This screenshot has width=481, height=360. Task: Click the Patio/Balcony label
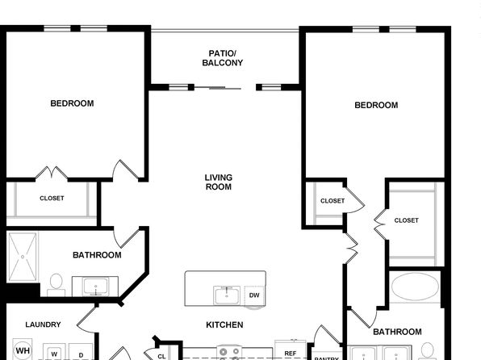coord(223,58)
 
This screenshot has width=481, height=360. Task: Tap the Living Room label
coord(219,182)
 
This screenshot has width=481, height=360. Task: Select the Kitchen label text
coord(224,324)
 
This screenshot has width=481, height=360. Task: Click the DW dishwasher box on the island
coord(254,295)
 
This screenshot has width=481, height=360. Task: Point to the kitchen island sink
coord(227,295)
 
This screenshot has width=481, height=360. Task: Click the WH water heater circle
coord(23,350)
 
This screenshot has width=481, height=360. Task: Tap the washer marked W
coord(54,352)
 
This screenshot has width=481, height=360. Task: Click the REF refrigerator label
coord(291,354)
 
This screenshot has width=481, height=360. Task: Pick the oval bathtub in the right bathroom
coord(415,287)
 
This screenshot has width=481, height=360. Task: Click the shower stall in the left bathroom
coord(23,257)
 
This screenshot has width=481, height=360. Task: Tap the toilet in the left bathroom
coord(56,285)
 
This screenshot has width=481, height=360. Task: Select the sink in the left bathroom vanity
coord(96,287)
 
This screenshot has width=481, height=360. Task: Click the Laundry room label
coord(43,324)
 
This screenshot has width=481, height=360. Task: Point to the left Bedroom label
coord(72,103)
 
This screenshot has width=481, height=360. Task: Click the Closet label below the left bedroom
coord(52,199)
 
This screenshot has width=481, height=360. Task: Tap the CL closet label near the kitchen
coord(161,356)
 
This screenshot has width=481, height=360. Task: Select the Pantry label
coord(326,358)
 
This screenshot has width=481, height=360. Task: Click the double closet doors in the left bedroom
coord(52,173)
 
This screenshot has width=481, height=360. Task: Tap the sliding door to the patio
coord(218,88)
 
